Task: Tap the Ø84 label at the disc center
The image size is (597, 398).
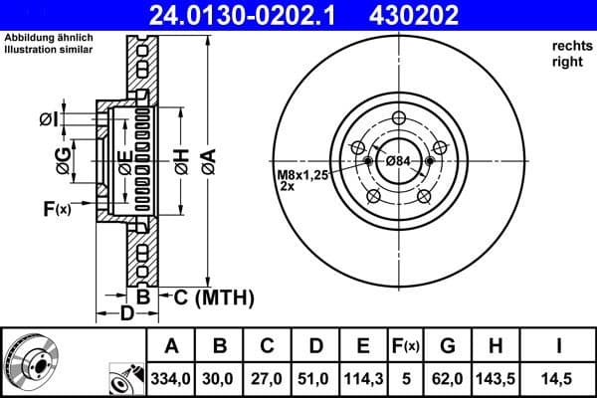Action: coord(399,162)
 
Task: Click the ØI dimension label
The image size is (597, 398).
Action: coord(49,119)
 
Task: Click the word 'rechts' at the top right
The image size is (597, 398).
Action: coord(568,47)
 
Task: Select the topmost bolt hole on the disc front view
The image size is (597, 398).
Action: coord(399,119)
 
